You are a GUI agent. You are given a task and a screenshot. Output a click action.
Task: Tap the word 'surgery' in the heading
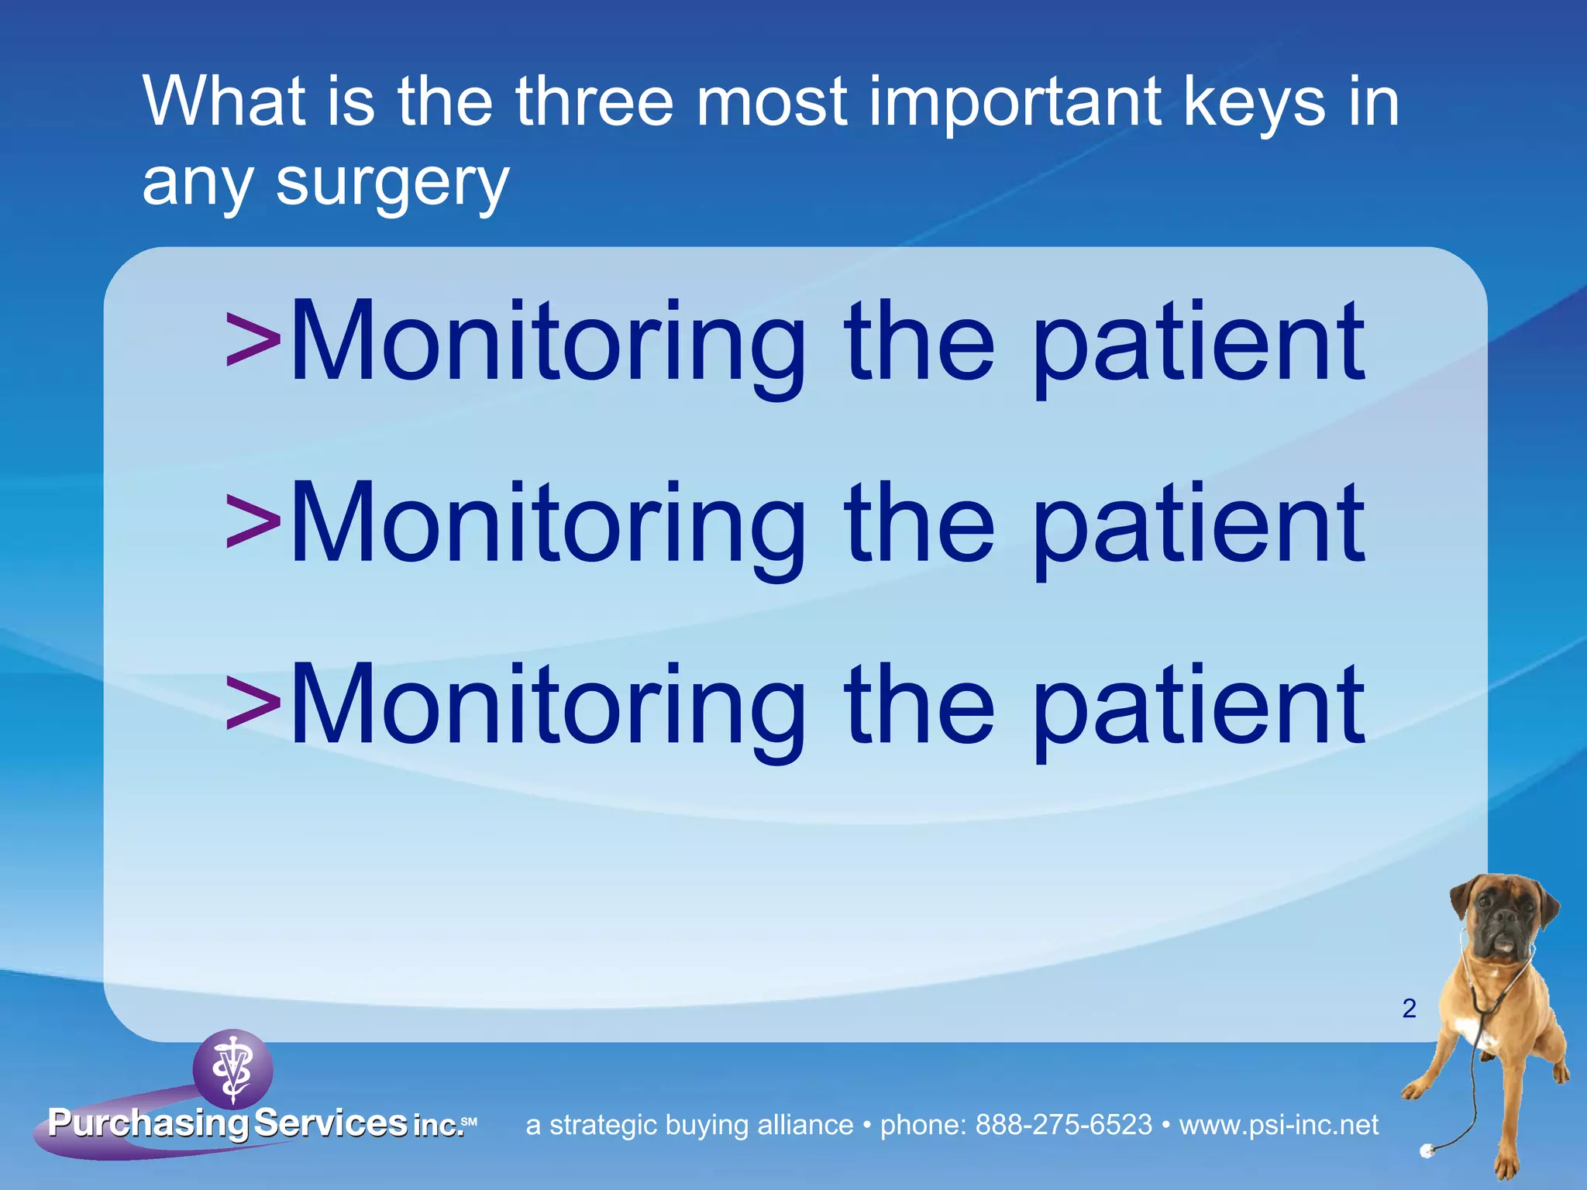tap(392, 183)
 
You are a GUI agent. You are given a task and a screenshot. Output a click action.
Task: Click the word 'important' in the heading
tap(1015, 103)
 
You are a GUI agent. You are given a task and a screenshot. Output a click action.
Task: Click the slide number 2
tap(1409, 1008)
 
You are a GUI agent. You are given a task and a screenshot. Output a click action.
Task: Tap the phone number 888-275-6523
tap(1063, 1124)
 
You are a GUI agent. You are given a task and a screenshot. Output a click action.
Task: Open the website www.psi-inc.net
tap(1279, 1124)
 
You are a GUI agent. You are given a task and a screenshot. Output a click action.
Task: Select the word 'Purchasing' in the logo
tap(147, 1123)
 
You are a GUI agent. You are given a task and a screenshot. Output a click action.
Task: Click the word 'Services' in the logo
tap(331, 1123)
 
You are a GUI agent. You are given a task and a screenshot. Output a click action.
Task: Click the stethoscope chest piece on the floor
tap(1427, 1151)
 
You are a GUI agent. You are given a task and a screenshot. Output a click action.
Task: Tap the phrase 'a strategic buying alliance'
tap(689, 1124)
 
